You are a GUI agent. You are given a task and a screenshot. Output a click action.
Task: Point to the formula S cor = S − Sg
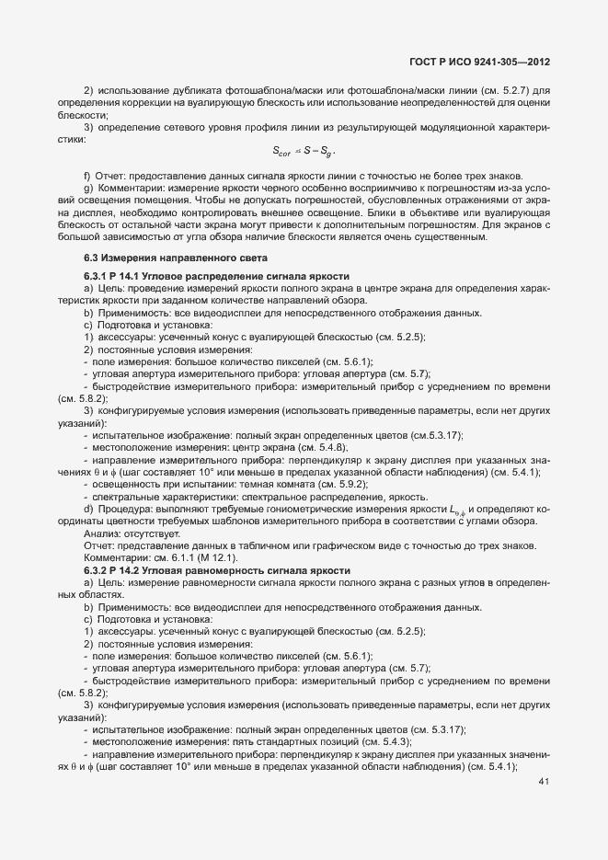[x=304, y=152]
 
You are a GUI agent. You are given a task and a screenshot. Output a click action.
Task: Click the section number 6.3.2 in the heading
[x=99, y=571]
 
